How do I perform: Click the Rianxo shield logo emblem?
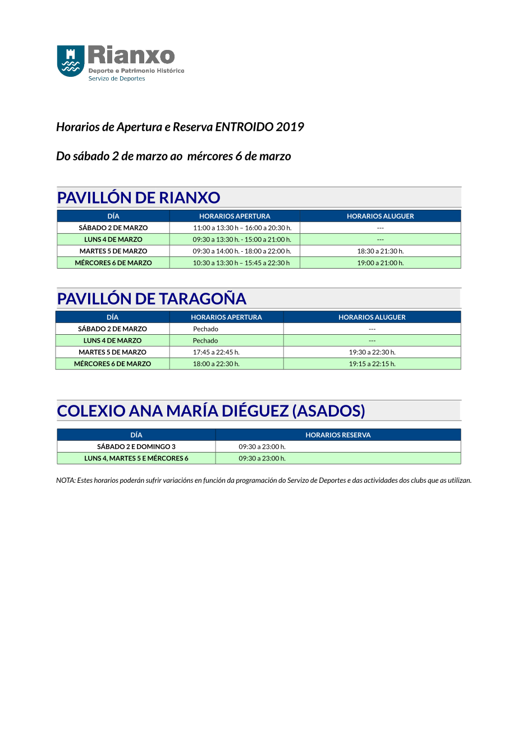[x=71, y=61]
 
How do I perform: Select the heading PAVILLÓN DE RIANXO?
[x=139, y=197]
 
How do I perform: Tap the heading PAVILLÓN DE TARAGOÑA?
[x=152, y=298]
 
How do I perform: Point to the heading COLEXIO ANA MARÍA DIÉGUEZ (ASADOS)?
[x=211, y=410]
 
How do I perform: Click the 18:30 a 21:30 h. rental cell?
[x=380, y=251]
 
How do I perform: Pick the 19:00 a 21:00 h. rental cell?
[x=380, y=262]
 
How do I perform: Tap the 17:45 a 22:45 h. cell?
[x=216, y=352]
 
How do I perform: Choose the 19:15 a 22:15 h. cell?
[x=372, y=363]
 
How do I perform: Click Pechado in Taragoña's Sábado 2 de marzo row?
[x=205, y=329]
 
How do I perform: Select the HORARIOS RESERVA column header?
[x=338, y=435]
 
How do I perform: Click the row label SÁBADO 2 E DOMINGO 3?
[x=136, y=447]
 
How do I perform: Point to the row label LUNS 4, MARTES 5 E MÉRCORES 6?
[x=136, y=458]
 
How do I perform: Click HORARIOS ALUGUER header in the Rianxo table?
[x=380, y=216]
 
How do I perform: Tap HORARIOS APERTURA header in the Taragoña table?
[x=226, y=317]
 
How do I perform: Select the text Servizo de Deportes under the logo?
[x=117, y=79]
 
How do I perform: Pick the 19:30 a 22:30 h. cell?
[x=372, y=352]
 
